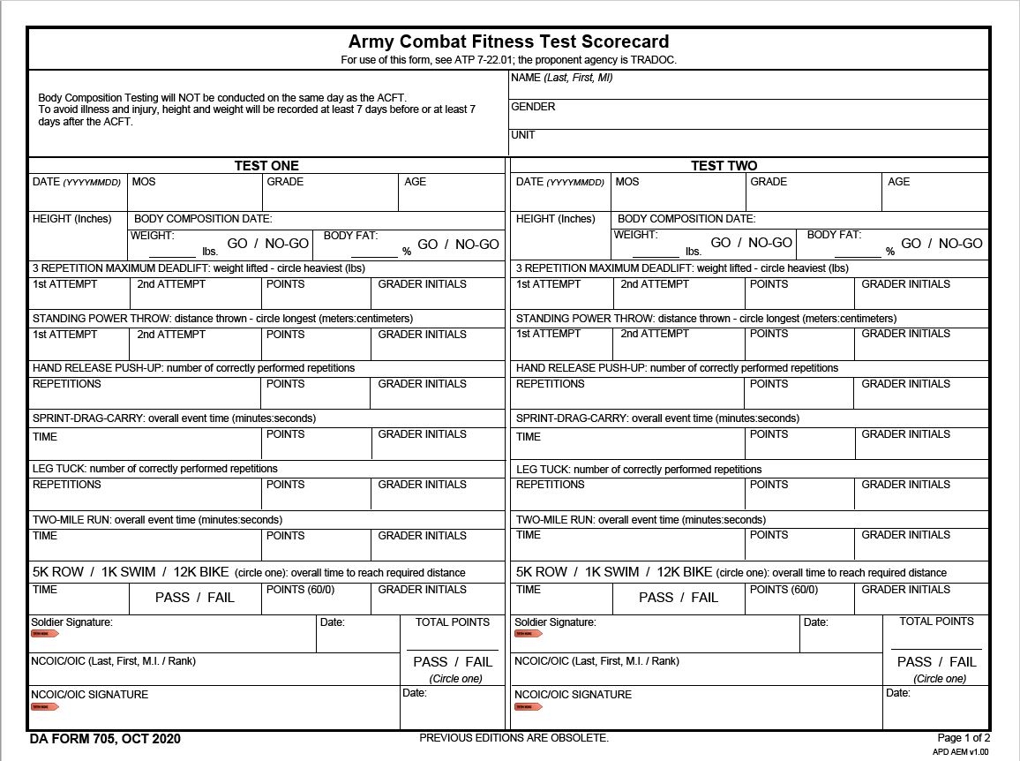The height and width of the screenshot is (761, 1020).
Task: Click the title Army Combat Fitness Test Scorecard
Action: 508,41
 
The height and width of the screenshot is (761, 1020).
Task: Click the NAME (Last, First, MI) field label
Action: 561,78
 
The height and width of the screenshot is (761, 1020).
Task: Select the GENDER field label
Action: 533,107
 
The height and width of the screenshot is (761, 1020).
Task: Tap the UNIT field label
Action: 522,135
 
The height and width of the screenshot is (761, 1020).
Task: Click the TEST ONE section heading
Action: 266,166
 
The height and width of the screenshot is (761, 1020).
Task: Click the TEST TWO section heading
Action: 724,166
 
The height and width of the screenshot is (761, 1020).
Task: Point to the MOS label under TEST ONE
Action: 143,182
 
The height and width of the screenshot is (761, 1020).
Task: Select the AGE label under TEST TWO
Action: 898,182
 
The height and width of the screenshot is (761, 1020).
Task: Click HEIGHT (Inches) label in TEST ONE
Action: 72,219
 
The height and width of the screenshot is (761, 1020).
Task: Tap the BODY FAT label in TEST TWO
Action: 834,235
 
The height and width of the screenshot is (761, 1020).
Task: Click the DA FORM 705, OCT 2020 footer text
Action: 105,739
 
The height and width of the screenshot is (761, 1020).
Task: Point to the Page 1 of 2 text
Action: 964,738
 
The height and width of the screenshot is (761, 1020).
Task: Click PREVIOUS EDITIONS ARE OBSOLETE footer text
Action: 514,738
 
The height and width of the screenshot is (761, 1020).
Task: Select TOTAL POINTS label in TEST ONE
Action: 452,622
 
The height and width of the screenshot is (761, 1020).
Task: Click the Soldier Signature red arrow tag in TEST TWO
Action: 528,634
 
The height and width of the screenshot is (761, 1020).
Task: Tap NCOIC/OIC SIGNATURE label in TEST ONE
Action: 89,695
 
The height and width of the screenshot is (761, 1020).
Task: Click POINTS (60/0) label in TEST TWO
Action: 784,590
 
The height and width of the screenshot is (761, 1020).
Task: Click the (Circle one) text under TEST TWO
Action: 940,679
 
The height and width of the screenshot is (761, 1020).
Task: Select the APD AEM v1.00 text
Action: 961,752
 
